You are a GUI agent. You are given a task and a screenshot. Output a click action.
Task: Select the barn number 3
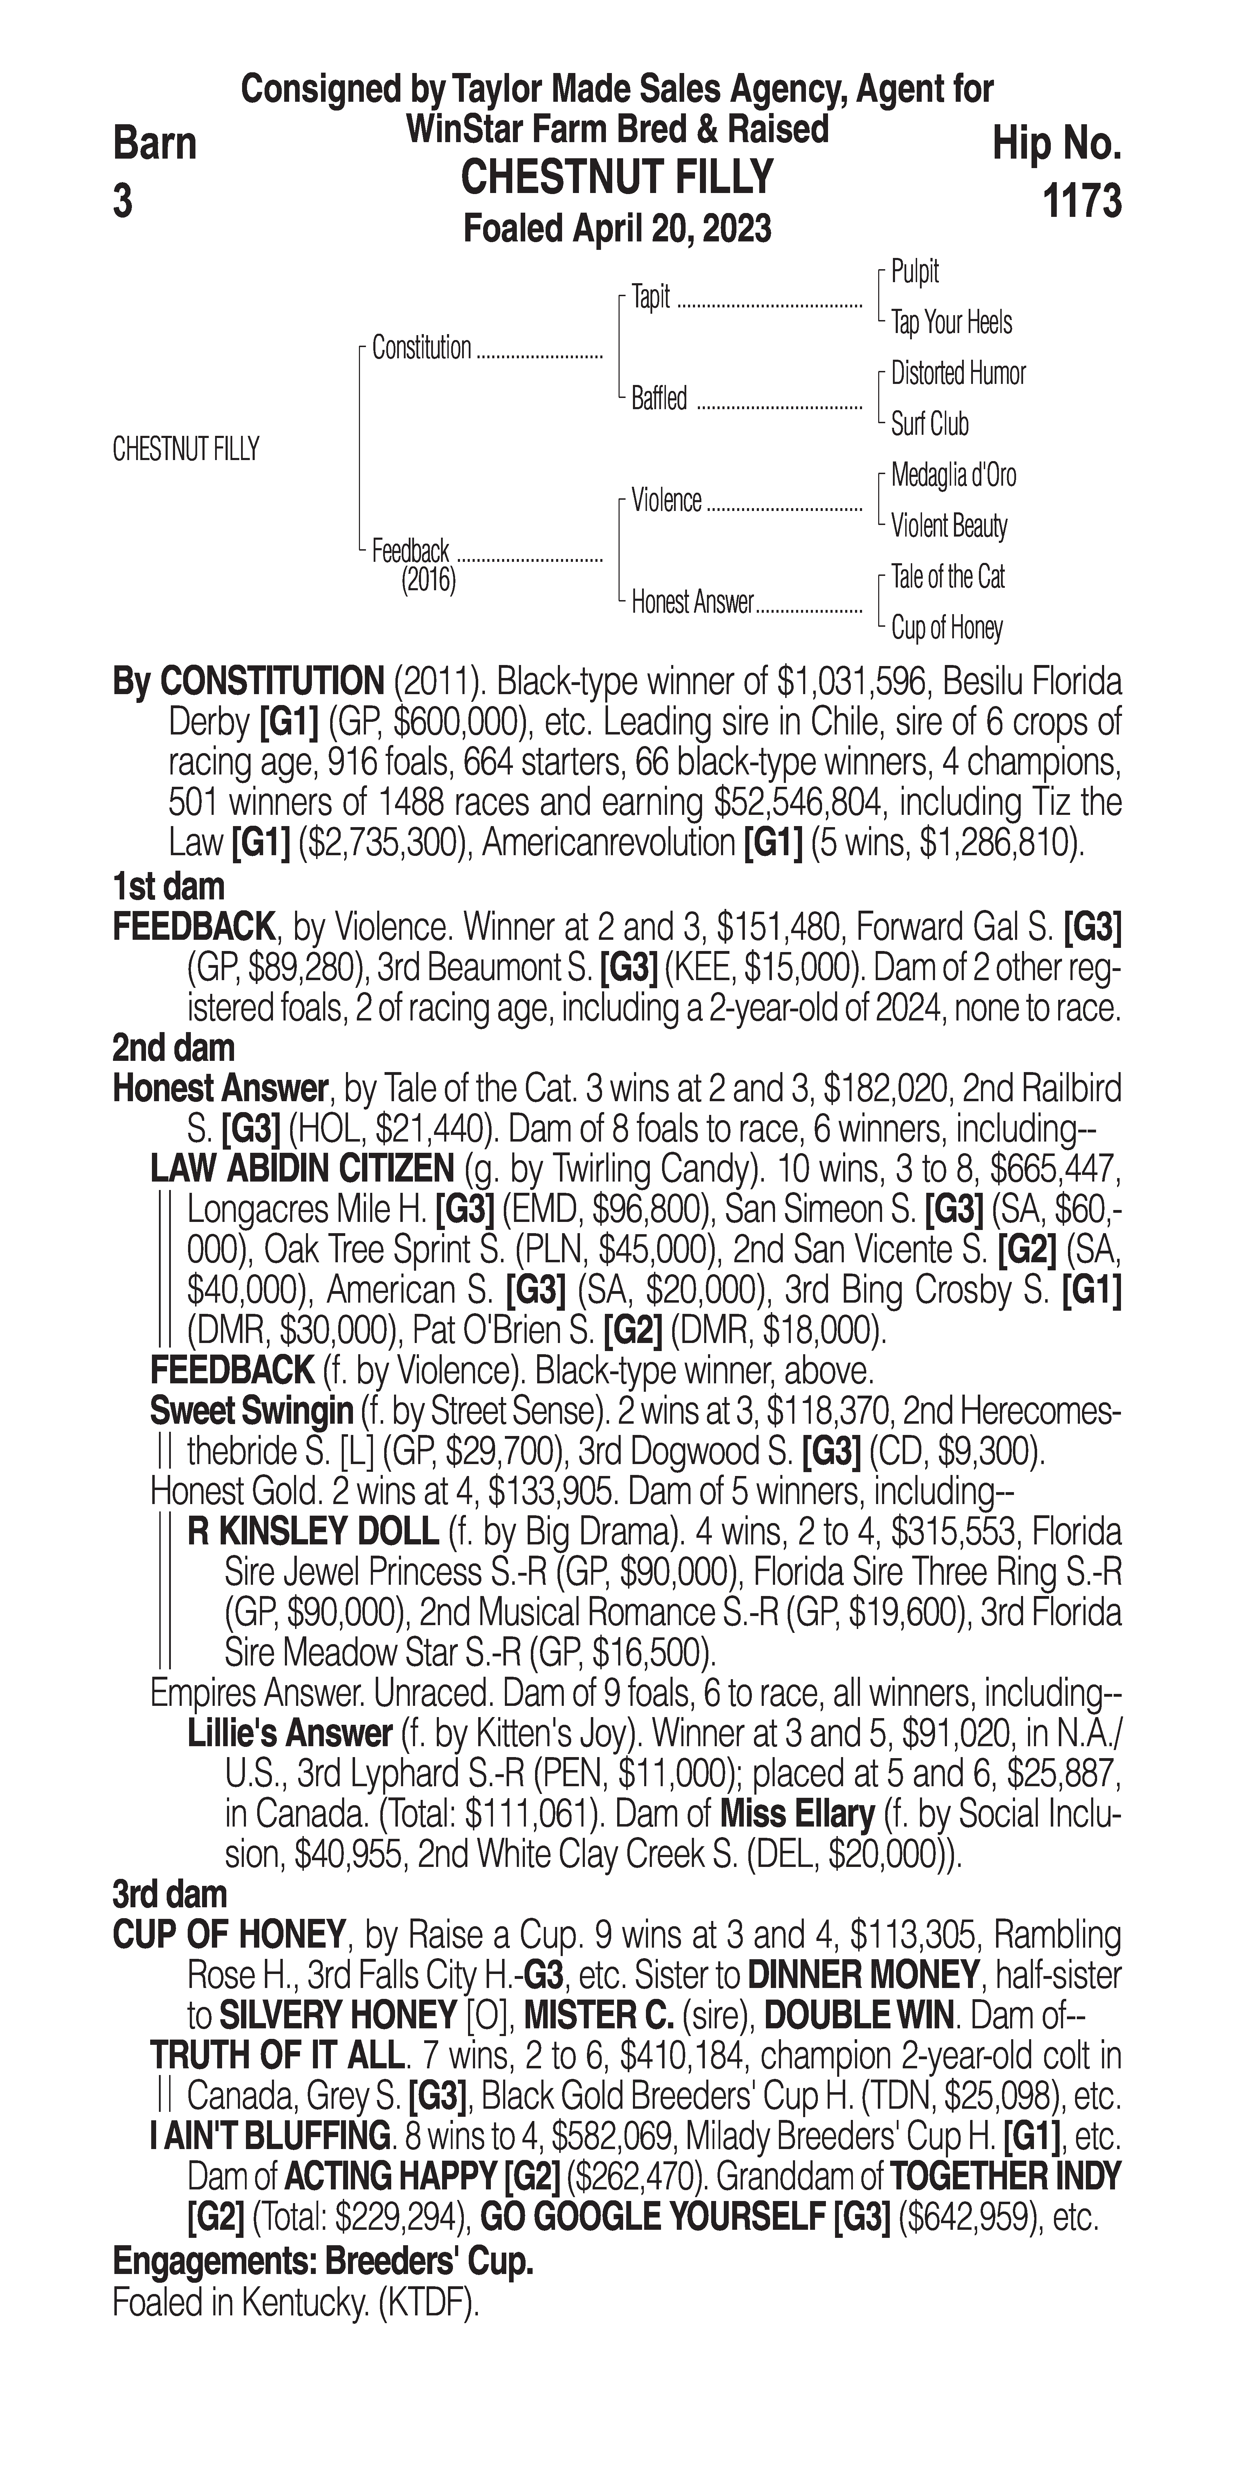coord(122,202)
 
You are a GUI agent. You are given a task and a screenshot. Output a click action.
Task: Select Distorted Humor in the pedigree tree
coord(957,373)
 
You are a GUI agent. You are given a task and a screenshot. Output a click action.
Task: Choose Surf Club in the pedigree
coord(930,424)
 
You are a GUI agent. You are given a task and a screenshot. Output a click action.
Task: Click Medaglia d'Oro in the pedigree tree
coord(954,475)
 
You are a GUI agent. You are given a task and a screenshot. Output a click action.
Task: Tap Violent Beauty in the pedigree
coord(949,526)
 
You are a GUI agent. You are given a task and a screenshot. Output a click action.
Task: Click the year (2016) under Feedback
coord(428,580)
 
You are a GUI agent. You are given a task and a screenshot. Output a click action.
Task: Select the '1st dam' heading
coord(168,887)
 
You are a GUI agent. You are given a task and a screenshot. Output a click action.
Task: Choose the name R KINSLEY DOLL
coord(313,1532)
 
